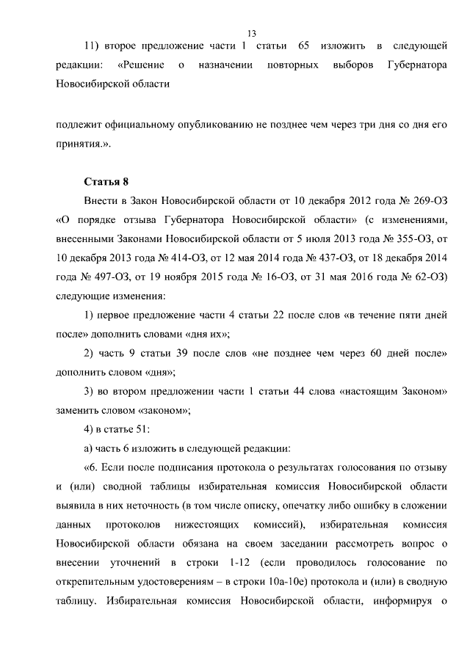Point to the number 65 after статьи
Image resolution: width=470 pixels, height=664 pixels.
click(303, 47)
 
